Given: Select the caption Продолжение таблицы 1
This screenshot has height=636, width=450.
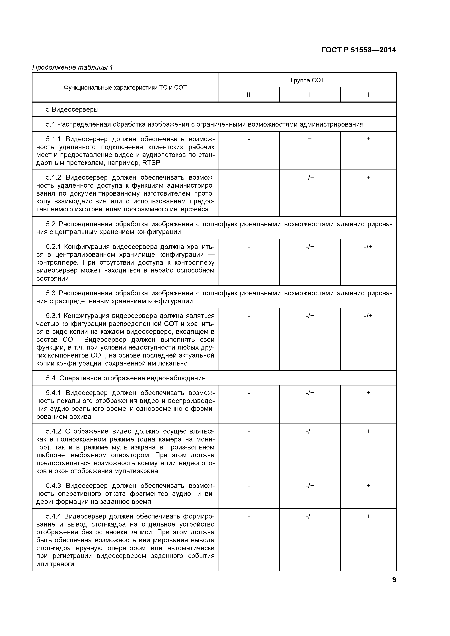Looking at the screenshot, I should coord(73,67).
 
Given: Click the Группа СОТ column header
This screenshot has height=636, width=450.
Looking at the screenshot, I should coord(307,80).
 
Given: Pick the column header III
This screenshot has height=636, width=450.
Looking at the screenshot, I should coord(249,95).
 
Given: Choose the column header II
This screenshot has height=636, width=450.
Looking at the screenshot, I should coord(310,95).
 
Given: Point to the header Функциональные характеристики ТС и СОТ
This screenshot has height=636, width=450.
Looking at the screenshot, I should coord(125,88).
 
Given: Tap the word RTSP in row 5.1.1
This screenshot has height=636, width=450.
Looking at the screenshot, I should coord(151,163).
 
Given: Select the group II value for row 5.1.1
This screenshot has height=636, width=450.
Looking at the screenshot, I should coord(310,139).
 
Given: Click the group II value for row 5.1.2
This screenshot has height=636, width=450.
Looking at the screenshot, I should coord(310,177).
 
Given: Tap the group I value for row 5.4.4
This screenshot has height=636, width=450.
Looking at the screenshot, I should coord(368,516).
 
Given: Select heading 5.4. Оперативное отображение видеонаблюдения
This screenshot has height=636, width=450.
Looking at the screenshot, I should coord(126,378).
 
